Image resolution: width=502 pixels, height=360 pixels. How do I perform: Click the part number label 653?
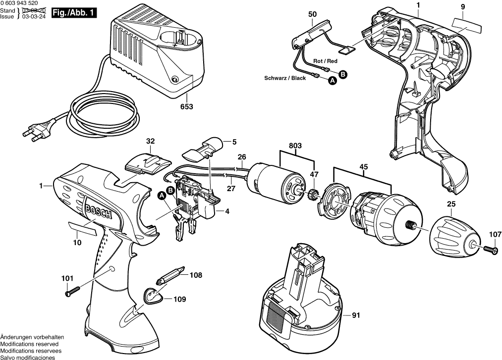point(186,106)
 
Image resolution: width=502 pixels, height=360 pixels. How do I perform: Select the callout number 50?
point(312,15)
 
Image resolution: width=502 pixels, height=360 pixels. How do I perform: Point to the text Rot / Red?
point(325,61)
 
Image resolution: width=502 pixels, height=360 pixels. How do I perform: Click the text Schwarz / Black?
point(285,78)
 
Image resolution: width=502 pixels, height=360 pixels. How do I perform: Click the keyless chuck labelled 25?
point(450,237)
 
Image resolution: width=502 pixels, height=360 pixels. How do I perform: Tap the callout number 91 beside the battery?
point(355,314)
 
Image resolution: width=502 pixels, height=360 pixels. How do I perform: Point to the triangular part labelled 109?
point(153,296)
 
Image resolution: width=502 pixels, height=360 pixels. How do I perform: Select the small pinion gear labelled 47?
point(313,194)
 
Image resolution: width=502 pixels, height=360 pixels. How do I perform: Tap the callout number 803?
point(296,147)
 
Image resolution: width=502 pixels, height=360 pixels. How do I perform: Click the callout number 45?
point(363,167)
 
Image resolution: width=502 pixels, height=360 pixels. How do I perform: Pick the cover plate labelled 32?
point(148,162)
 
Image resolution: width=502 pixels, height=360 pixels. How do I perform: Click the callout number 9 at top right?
point(462,6)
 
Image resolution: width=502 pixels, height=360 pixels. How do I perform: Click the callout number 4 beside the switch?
point(227,211)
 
